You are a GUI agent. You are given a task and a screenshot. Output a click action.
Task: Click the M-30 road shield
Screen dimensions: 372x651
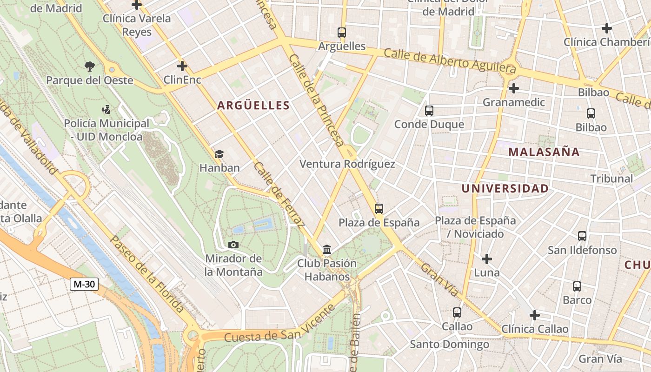pyautogui.click(x=84, y=284)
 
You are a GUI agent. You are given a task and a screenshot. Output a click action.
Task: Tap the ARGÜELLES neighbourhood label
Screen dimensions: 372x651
pyautogui.click(x=253, y=106)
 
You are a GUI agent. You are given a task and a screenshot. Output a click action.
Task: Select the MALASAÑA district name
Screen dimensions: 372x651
pyautogui.click(x=544, y=152)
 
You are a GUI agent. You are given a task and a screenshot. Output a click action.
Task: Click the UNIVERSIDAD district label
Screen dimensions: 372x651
pyautogui.click(x=505, y=188)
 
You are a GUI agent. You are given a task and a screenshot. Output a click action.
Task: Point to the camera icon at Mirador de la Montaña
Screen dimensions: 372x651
pyautogui.click(x=233, y=245)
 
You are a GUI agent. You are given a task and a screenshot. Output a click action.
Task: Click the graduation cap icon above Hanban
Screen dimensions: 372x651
pyautogui.click(x=219, y=154)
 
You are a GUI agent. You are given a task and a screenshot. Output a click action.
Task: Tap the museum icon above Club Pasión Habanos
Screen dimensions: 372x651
pyautogui.click(x=327, y=250)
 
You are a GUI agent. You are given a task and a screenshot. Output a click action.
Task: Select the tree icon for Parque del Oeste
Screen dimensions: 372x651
pyautogui.click(x=89, y=66)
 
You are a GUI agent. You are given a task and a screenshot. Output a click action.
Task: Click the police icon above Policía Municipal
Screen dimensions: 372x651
pyautogui.click(x=106, y=110)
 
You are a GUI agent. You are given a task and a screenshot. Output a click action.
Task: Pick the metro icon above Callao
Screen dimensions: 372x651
pyautogui.click(x=457, y=312)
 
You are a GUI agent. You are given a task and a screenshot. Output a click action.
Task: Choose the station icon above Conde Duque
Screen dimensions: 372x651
pyautogui.click(x=429, y=111)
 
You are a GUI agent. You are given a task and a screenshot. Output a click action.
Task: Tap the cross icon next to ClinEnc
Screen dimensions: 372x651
pyautogui.click(x=182, y=66)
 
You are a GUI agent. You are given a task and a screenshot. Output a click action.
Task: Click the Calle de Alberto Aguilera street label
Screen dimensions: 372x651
pyautogui.click(x=450, y=61)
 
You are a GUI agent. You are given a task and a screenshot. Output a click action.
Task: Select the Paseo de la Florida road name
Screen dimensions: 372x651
pyautogui.click(x=146, y=274)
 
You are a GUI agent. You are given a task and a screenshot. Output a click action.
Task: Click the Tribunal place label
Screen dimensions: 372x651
pyautogui.click(x=611, y=179)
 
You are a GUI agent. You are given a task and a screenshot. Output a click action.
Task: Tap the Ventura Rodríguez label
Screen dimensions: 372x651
pyautogui.click(x=347, y=164)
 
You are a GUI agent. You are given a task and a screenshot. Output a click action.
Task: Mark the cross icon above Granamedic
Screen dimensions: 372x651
pyautogui.click(x=513, y=88)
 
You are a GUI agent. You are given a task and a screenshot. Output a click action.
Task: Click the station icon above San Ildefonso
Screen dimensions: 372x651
pyautogui.click(x=582, y=236)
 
